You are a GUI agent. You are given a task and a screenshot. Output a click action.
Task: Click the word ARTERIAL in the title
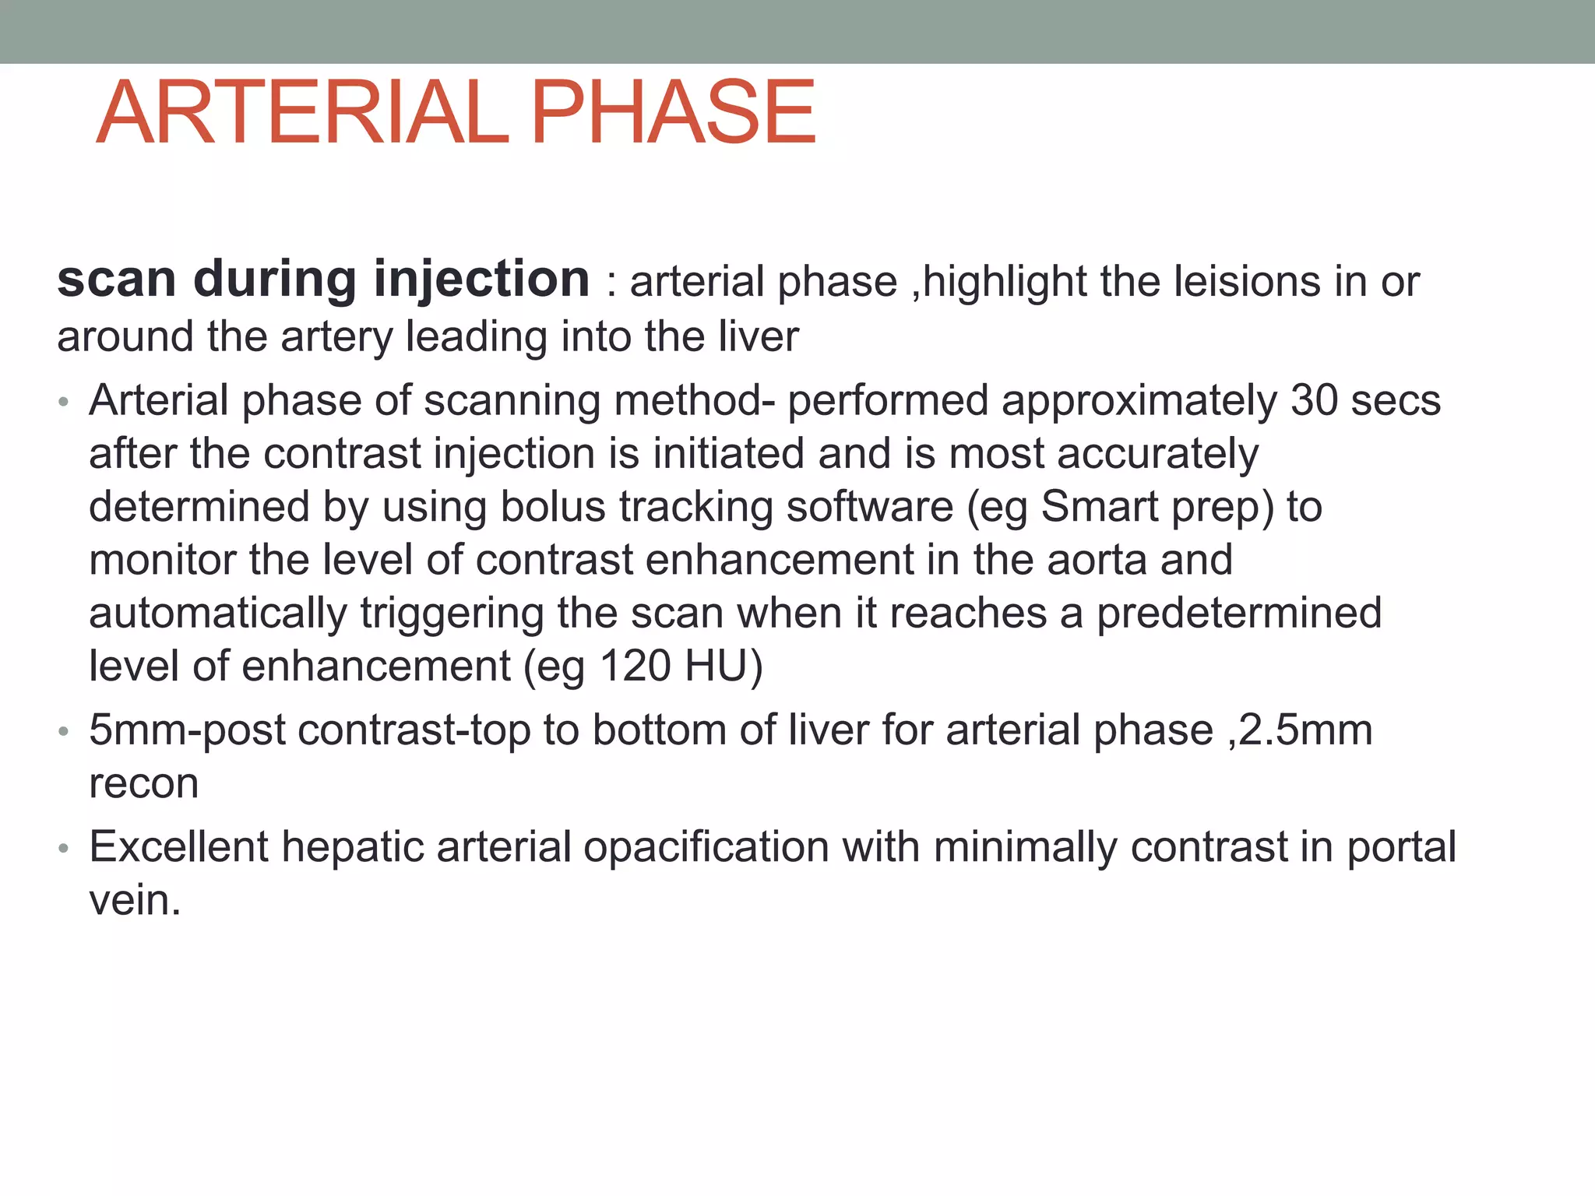click(302, 112)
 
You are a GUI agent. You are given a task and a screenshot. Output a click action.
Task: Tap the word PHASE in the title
click(673, 112)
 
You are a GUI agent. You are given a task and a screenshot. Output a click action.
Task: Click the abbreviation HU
click(714, 667)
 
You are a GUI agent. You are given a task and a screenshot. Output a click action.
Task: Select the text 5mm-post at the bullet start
click(187, 731)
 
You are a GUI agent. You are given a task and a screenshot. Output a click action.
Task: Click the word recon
click(144, 784)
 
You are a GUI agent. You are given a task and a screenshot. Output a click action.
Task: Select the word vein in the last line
click(135, 901)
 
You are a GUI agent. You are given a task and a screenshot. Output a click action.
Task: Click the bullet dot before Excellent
click(64, 848)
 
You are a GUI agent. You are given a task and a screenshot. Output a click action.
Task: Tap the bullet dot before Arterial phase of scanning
click(64, 403)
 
